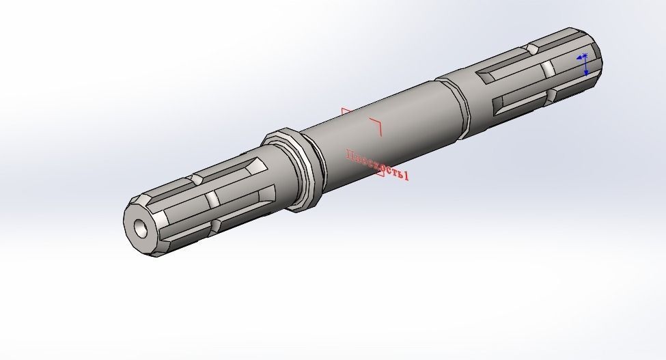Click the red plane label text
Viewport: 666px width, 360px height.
click(x=377, y=165)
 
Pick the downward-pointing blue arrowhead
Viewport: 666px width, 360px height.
click(x=586, y=72)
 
